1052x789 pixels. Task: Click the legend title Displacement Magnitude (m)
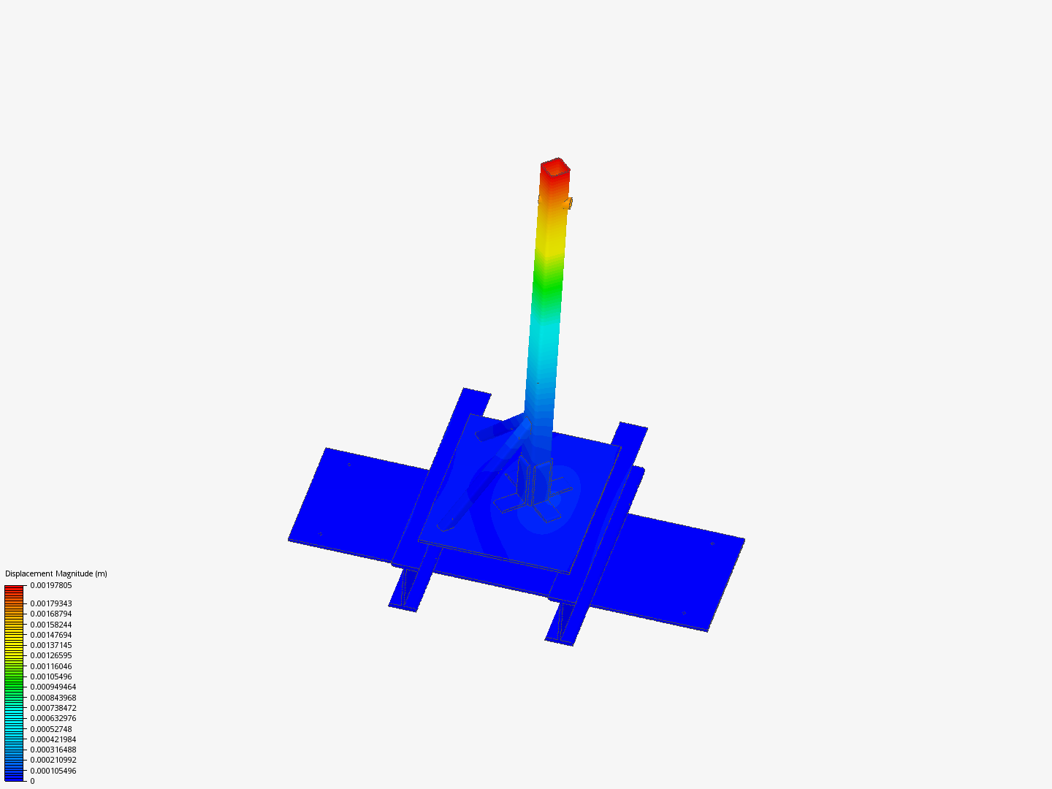[56, 573]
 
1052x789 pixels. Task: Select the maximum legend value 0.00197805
[51, 585]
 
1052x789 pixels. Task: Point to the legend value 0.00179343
[51, 603]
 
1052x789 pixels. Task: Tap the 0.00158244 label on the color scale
[51, 625]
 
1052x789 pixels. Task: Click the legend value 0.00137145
[51, 645]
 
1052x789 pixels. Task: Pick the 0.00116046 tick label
[51, 666]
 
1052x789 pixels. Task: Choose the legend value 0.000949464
[53, 687]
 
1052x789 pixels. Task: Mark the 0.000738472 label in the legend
[53, 708]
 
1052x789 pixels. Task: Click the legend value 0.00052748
[51, 729]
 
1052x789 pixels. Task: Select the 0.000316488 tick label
[53, 750]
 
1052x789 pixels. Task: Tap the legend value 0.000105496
[53, 771]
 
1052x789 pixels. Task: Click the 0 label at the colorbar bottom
[32, 781]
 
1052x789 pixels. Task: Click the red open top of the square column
[555, 167]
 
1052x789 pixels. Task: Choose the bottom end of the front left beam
[404, 601]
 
